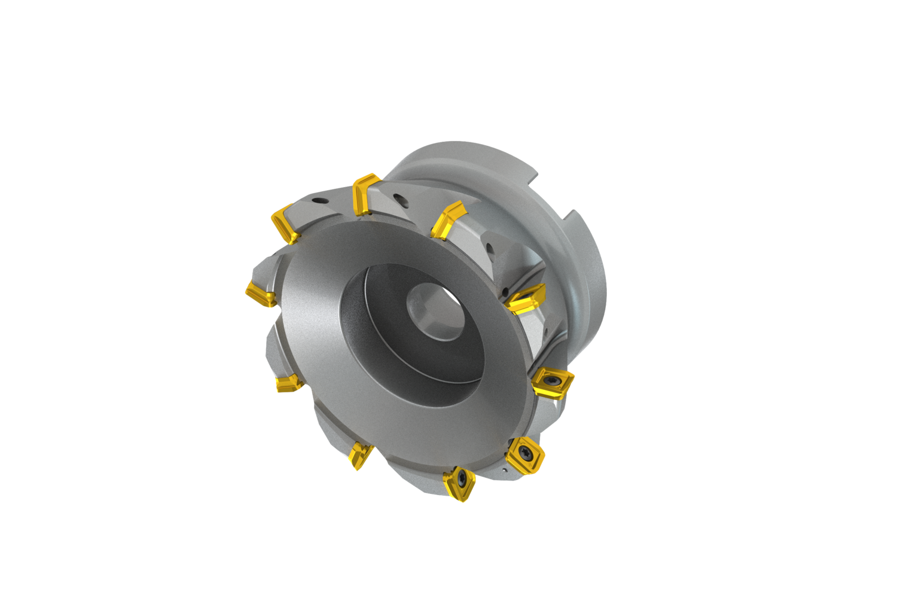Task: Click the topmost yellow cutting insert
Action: coord(365,194)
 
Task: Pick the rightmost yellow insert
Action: coord(553,382)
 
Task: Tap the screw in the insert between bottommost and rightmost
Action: coord(525,450)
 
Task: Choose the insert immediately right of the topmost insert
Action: coord(447,219)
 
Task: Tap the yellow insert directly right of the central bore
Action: coord(525,298)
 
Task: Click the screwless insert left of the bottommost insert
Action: coord(360,455)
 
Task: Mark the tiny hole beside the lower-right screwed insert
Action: coord(507,470)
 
